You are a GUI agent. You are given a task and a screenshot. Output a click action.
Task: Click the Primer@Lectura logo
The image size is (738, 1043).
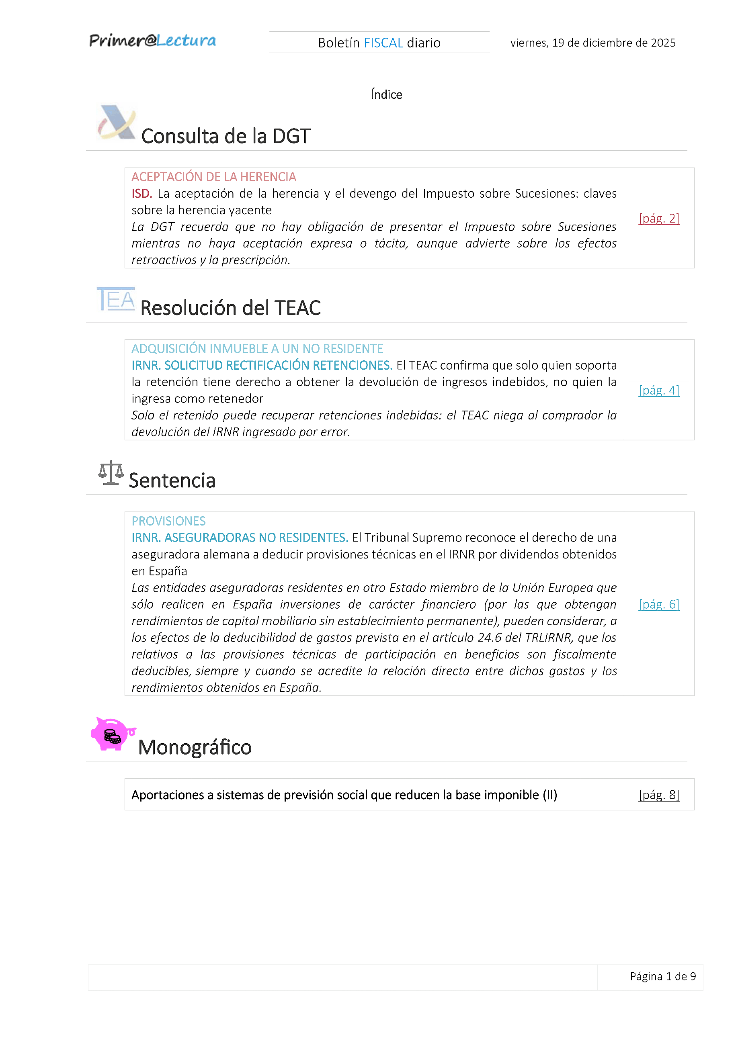click(x=153, y=41)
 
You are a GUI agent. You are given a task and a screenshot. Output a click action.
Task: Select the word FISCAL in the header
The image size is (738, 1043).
click(x=383, y=43)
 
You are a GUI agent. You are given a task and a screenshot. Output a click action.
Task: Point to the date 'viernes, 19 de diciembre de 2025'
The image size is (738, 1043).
click(x=592, y=43)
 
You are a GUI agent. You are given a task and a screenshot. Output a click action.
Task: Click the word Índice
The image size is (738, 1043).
click(x=386, y=94)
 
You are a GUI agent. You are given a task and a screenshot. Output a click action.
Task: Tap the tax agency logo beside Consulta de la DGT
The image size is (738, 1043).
click(x=116, y=122)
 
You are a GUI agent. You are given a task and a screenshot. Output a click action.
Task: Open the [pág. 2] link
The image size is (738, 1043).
click(x=658, y=219)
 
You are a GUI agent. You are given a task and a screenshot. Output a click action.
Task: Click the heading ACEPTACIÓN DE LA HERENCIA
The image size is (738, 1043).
click(x=213, y=177)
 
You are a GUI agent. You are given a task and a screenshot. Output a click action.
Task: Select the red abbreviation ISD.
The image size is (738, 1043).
click(x=141, y=194)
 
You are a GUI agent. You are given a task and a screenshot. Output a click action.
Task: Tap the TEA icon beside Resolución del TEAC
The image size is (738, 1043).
click(x=116, y=299)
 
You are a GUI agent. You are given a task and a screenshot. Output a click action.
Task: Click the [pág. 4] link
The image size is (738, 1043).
click(x=658, y=390)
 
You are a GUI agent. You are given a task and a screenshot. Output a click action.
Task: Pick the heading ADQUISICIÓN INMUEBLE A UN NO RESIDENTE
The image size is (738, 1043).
click(x=257, y=348)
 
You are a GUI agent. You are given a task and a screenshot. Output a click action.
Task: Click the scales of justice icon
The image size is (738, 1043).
click(x=111, y=473)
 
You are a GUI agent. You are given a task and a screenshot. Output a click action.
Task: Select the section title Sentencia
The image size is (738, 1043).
click(x=172, y=481)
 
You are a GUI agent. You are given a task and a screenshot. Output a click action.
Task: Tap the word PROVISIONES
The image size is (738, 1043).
click(x=168, y=521)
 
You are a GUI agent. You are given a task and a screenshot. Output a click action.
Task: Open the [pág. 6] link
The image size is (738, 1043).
click(x=658, y=604)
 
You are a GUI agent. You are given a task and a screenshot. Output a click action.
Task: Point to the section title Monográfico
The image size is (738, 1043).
click(x=195, y=747)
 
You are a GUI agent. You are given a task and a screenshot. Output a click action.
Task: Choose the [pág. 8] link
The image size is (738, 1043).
click(x=658, y=795)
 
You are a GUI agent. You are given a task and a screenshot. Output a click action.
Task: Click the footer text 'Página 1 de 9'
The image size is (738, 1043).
click(x=662, y=976)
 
